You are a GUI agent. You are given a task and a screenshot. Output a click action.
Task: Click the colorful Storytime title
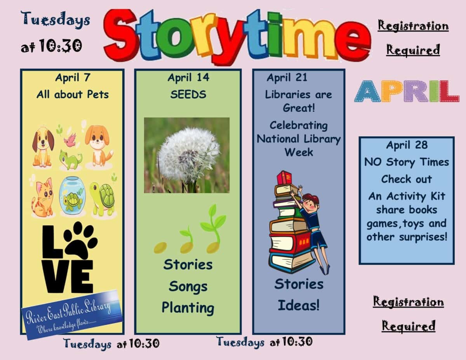tap(237, 36)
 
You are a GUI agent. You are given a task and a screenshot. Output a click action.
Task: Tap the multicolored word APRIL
tap(406, 91)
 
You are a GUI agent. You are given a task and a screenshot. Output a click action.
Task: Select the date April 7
tap(73, 78)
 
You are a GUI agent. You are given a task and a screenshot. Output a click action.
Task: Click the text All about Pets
tap(73, 94)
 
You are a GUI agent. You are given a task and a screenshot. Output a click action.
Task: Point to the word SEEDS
tap(188, 94)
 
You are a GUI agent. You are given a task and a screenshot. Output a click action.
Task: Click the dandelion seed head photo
tap(187, 155)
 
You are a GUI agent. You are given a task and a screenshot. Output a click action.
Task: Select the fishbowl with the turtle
tap(72, 197)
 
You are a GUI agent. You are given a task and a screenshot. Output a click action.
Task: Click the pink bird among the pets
tap(70, 141)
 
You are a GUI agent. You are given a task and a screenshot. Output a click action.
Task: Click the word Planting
tap(188, 308)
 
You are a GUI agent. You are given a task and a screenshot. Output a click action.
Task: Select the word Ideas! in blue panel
tap(299, 305)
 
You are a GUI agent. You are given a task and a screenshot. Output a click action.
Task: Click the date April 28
tap(407, 145)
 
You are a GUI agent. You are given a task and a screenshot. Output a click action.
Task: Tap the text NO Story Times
tap(407, 162)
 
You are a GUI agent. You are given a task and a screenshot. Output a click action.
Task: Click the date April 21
tap(287, 78)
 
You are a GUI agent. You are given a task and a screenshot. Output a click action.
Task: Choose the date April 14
tap(188, 78)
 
